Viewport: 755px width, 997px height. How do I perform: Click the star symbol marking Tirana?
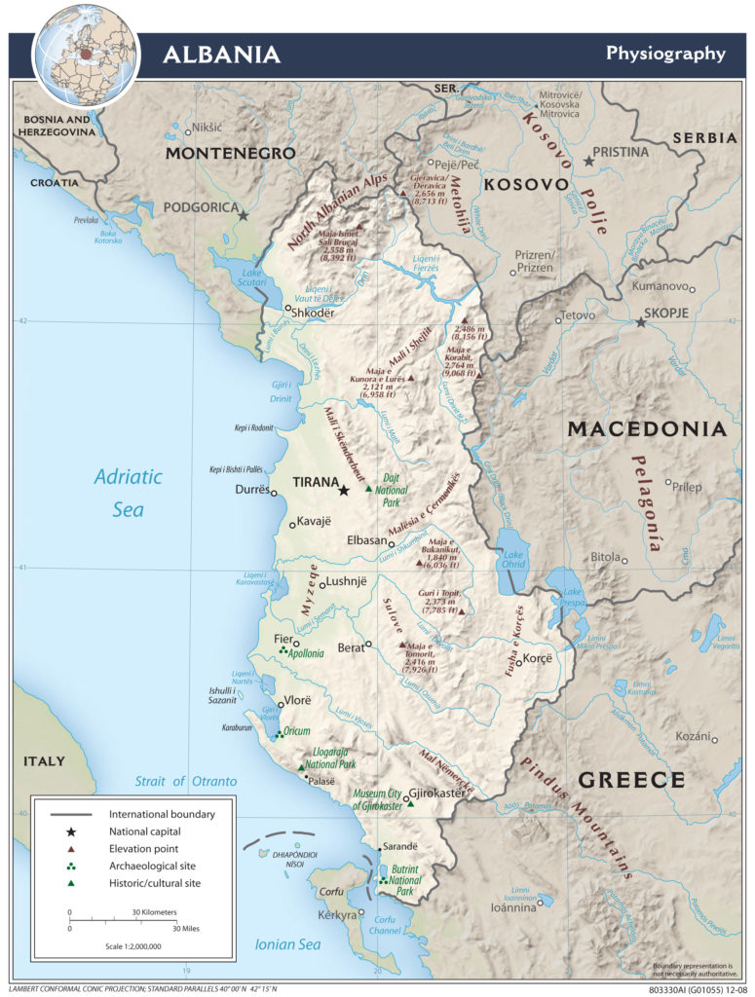pyautogui.click(x=343, y=491)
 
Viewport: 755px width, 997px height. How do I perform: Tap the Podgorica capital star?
pyautogui.click(x=244, y=216)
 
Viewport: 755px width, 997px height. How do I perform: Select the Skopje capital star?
pyautogui.click(x=640, y=321)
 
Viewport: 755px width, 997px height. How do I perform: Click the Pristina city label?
pyautogui.click(x=623, y=153)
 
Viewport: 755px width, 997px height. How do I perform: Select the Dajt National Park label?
pyautogui.click(x=392, y=485)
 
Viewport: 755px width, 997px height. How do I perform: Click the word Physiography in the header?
pyautogui.click(x=665, y=53)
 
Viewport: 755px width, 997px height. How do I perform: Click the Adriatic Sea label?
pyautogui.click(x=128, y=493)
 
